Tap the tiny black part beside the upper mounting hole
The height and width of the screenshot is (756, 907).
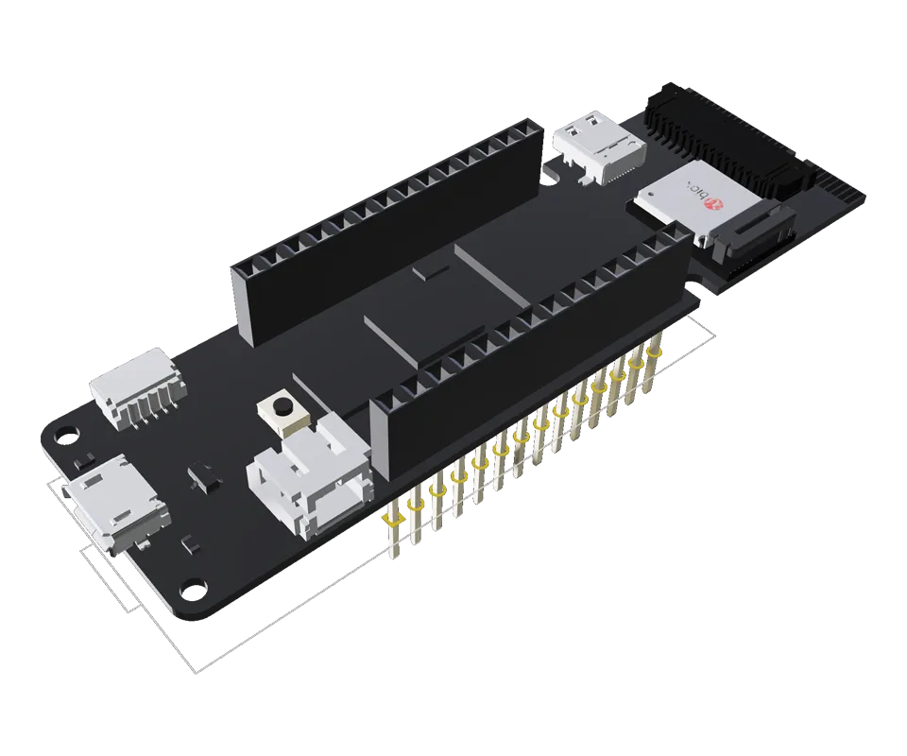click(83, 460)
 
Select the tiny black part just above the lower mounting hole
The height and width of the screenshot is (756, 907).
click(189, 544)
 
